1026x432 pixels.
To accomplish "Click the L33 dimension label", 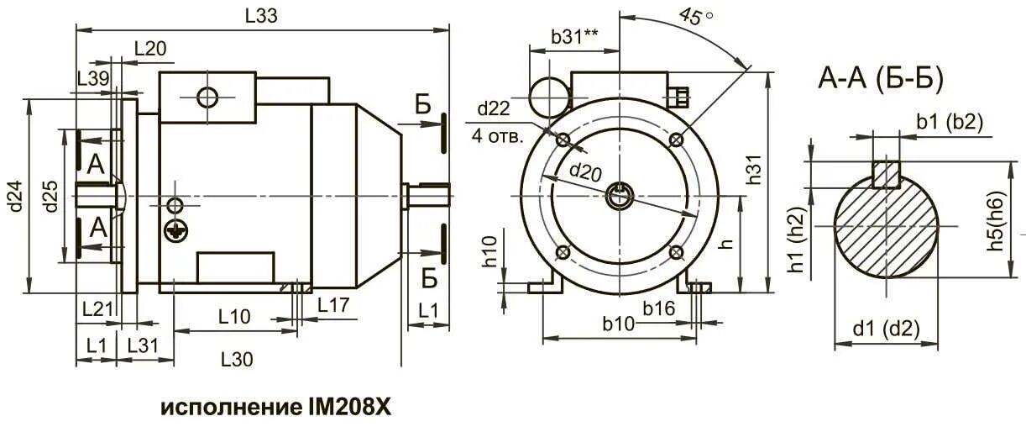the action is pyautogui.click(x=261, y=16).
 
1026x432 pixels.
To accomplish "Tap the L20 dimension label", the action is pyautogui.click(x=150, y=49).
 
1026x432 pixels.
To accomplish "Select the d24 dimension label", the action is pyautogui.click(x=15, y=196).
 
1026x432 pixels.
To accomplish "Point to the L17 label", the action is pyautogui.click(x=333, y=305).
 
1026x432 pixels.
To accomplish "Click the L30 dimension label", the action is pyautogui.click(x=237, y=360).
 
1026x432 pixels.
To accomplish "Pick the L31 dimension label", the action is pyautogui.click(x=143, y=345).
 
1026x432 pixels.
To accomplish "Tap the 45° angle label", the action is pyautogui.click(x=695, y=17).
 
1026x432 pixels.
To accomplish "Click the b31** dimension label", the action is pyautogui.click(x=574, y=37).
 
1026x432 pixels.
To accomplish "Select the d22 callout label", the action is pyautogui.click(x=494, y=108).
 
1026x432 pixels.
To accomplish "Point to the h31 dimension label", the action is pyautogui.click(x=753, y=170).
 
